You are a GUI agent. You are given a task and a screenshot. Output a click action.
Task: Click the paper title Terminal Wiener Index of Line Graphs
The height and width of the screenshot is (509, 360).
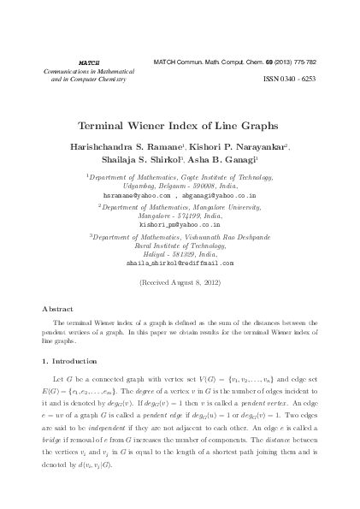coord(180,124)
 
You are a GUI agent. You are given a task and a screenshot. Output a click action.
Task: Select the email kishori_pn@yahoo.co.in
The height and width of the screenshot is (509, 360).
coord(180,225)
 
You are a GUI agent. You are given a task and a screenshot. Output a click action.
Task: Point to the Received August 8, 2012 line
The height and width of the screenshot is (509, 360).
coord(180,281)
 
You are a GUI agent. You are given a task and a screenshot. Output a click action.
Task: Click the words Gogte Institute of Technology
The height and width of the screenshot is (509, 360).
coord(224,176)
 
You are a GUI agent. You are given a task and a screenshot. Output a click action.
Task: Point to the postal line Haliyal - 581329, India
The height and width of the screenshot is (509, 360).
coord(180,254)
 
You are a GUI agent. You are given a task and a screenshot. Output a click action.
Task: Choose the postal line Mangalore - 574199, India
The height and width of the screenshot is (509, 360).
coord(180,216)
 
